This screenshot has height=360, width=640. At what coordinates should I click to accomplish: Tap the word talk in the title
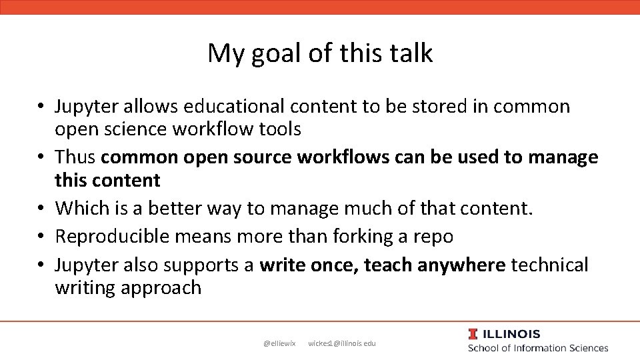[x=409, y=53]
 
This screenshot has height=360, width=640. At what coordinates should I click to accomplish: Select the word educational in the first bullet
[x=233, y=107]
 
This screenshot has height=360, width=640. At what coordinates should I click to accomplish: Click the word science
[x=135, y=129]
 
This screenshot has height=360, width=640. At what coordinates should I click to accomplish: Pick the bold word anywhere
[x=461, y=265]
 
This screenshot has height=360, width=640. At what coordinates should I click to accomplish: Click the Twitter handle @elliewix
[x=279, y=343]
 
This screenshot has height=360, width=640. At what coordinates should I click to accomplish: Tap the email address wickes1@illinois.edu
[x=342, y=343]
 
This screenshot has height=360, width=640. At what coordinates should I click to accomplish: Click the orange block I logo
[x=473, y=334]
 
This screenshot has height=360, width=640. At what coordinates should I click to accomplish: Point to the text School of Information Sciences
[x=538, y=348]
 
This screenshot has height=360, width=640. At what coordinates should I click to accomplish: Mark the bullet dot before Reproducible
[x=41, y=237]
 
